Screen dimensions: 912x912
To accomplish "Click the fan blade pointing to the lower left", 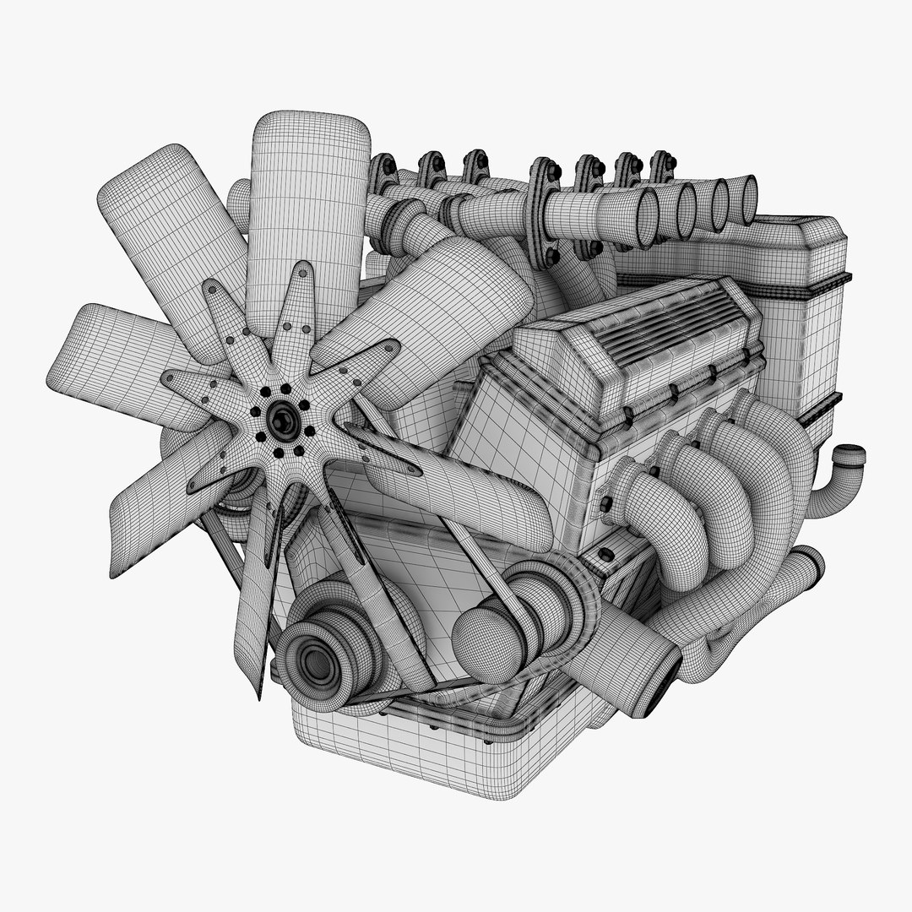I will click(160, 498).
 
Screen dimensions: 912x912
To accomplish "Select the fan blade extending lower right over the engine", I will click(473, 490).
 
